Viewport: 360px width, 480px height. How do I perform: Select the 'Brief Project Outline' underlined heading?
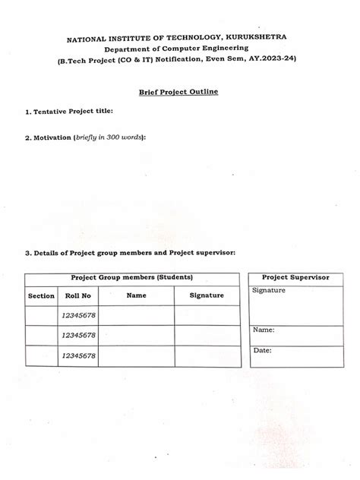click(178, 91)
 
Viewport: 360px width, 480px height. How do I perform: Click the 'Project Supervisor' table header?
click(295, 278)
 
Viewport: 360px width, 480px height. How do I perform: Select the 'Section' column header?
click(41, 295)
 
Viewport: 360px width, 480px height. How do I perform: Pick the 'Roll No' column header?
click(77, 295)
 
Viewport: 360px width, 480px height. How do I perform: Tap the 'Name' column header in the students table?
click(136, 295)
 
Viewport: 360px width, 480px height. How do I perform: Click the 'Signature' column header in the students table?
click(207, 295)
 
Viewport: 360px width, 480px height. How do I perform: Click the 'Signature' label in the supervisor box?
click(269, 290)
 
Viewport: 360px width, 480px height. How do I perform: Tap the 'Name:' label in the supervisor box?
click(264, 330)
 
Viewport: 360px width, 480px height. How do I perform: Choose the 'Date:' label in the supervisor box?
click(262, 351)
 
